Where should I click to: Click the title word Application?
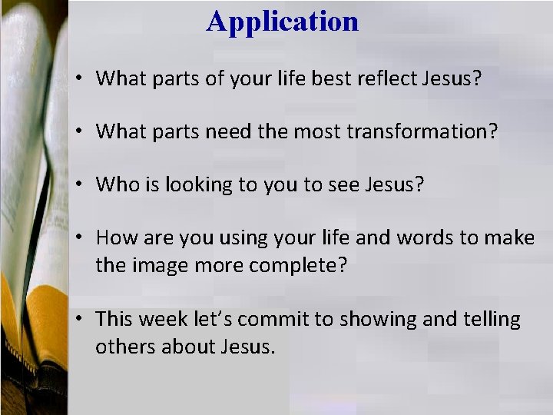click(282, 22)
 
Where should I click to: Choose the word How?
click(117, 237)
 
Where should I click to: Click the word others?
click(124, 347)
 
